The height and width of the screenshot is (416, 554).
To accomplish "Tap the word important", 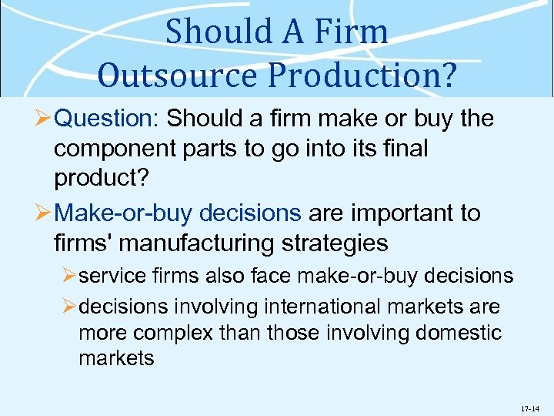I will click(x=398, y=213).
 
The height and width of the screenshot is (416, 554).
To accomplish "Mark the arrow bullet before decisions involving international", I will click(x=69, y=307).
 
